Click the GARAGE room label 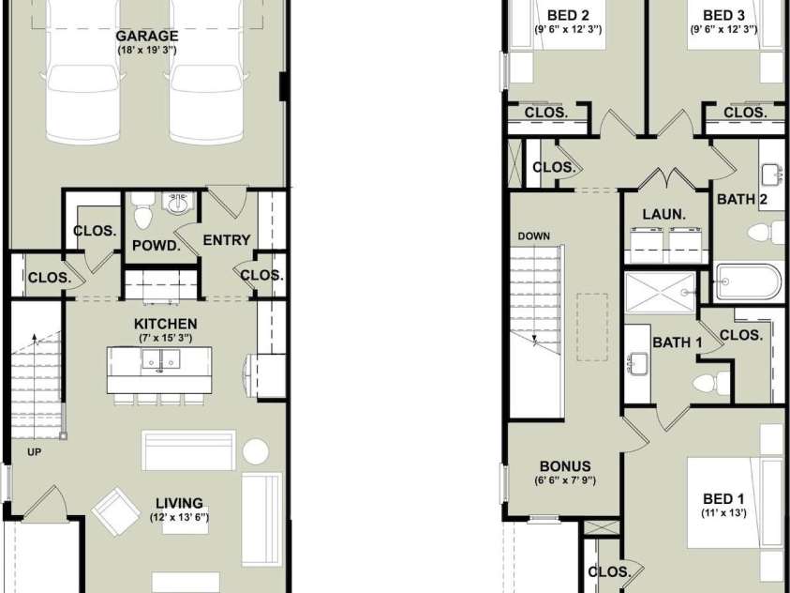pos(146,37)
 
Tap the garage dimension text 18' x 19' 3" pos(147,51)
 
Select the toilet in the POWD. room pos(143,210)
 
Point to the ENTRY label pos(227,240)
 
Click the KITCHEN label pos(165,324)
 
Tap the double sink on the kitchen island pos(161,360)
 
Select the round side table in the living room pos(256,451)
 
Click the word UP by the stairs pos(35,452)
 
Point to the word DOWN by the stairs pos(533,236)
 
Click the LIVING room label pos(179,503)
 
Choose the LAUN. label pos(664,214)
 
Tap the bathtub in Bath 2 pos(749,282)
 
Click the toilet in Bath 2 pos(767,233)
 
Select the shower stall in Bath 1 pos(660,293)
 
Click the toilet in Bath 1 pos(711,383)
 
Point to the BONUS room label pos(565,466)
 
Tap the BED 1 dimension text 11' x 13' pos(723,513)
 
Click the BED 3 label pos(723,16)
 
